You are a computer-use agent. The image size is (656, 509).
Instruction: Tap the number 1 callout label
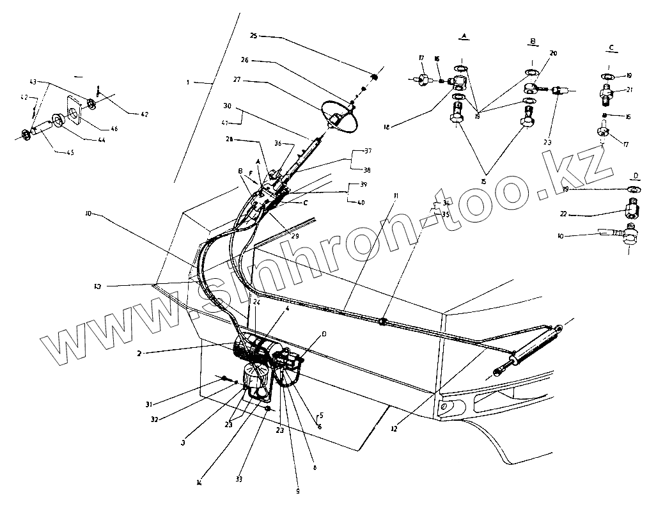tap(188, 82)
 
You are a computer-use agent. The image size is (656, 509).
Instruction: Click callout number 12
tap(394, 429)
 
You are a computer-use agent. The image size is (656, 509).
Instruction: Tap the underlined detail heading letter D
tap(635, 175)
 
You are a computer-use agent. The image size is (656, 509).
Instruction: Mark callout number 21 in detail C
tap(629, 90)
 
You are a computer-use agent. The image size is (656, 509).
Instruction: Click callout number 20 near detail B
tap(553, 54)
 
